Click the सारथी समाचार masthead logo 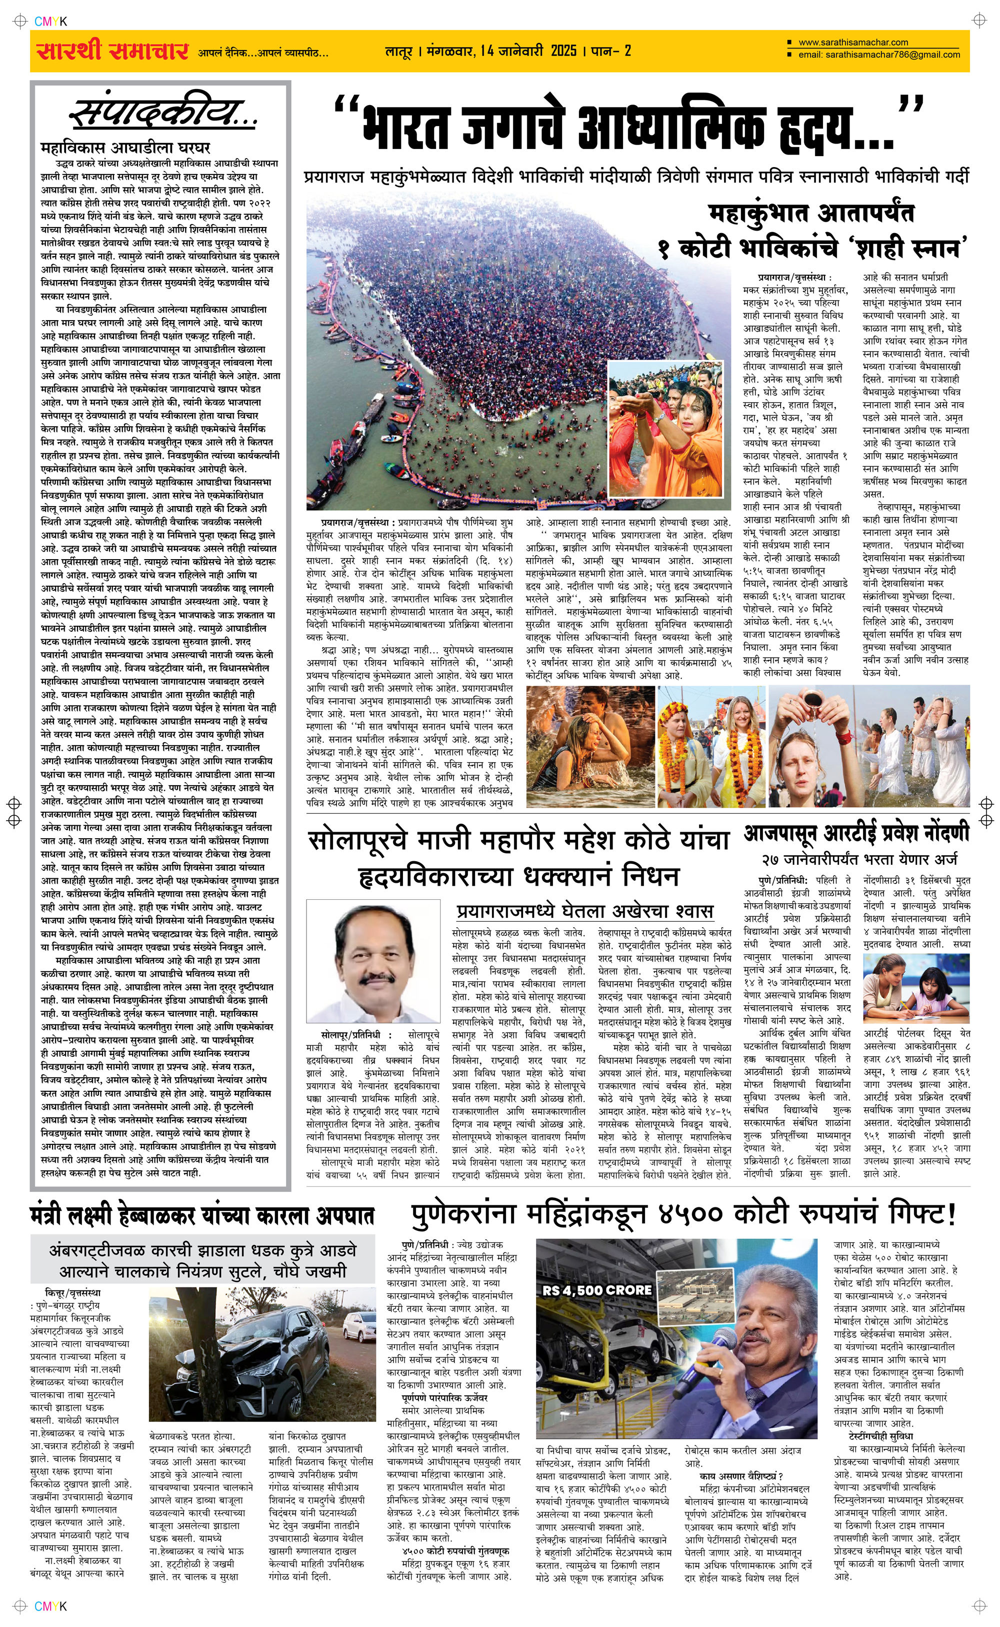tap(112, 51)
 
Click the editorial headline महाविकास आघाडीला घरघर tap(125, 147)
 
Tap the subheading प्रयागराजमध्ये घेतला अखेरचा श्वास tap(584, 911)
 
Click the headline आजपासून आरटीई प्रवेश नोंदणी tap(856, 834)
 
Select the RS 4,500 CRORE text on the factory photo tap(596, 1290)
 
